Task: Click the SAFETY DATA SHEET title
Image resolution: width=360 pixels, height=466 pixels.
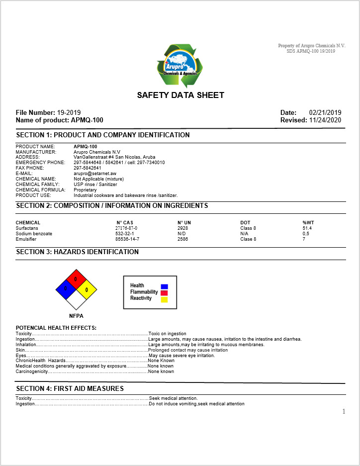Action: click(x=180, y=95)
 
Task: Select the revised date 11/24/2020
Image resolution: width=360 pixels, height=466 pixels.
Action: click(x=325, y=120)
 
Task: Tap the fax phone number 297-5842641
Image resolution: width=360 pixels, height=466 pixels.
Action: click(x=88, y=168)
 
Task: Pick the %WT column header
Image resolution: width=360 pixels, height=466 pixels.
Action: click(x=308, y=222)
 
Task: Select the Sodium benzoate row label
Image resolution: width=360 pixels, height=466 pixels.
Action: click(x=34, y=233)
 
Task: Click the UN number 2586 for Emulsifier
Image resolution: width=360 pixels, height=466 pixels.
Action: click(x=183, y=239)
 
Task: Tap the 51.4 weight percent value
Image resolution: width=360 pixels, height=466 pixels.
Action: click(x=307, y=228)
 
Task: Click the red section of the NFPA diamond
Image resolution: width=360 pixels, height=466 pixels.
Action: click(x=76, y=280)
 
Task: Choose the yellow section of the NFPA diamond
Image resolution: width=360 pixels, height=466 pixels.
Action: click(x=87, y=289)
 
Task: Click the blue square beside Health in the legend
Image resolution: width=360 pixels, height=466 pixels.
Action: click(x=164, y=286)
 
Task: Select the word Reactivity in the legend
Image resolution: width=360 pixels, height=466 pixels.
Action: click(x=141, y=298)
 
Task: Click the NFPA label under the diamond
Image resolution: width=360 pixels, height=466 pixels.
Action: click(x=76, y=315)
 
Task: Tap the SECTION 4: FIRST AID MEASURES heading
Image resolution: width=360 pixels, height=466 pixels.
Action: click(x=70, y=388)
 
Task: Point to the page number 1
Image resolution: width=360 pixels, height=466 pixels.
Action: click(x=343, y=411)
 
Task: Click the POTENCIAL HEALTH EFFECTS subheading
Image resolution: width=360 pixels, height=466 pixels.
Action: click(x=56, y=328)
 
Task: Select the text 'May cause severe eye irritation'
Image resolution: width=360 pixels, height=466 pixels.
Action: click(x=182, y=356)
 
